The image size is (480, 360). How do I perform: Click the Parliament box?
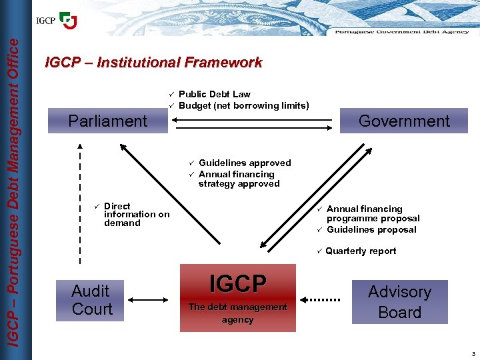[107, 121]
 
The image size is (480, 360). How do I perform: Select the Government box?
[404, 121]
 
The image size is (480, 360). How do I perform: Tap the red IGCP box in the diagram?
[238, 297]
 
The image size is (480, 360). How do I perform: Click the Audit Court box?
[92, 300]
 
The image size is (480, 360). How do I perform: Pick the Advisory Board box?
[399, 301]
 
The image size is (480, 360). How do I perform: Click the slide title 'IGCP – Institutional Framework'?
[153, 63]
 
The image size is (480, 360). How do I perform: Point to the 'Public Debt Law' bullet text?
[214, 94]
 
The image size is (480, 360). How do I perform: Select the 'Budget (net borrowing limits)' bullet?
[243, 105]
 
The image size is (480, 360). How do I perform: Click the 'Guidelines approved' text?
[245, 163]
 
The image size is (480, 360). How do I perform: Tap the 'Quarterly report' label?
[361, 251]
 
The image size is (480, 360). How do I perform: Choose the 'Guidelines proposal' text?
[371, 229]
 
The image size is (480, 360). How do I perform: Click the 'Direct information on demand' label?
[137, 215]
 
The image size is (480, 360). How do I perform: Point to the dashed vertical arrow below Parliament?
[80, 203]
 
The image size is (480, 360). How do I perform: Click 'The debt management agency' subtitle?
[238, 313]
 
